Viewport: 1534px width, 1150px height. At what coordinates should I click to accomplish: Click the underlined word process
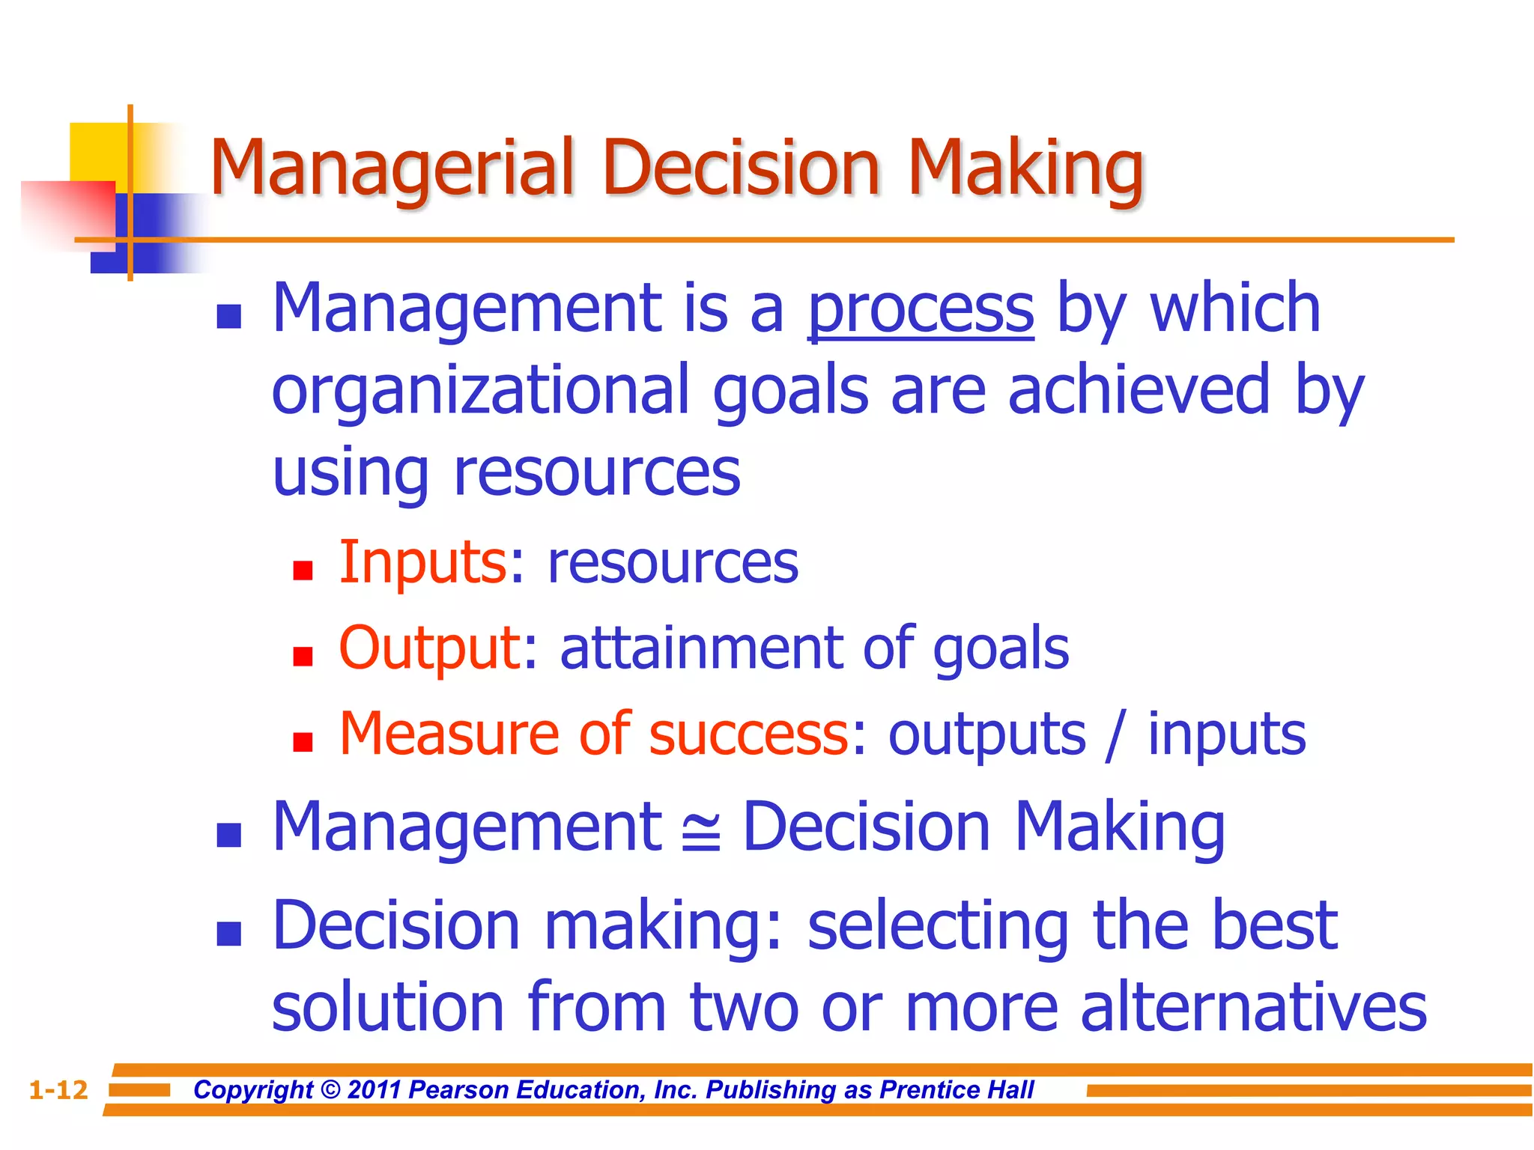tap(921, 309)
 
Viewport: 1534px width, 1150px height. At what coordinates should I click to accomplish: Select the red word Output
tap(430, 648)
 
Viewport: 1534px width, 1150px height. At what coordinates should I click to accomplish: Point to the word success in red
tap(748, 734)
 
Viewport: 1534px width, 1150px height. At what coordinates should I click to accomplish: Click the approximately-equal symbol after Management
tap(701, 833)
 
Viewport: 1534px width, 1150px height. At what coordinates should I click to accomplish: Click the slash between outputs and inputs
tap(1115, 734)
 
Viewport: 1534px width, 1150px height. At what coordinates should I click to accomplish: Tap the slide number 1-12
tap(58, 1090)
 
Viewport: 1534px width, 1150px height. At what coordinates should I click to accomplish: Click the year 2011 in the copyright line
tap(375, 1090)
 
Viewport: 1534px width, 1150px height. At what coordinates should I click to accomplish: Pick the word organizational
tap(480, 390)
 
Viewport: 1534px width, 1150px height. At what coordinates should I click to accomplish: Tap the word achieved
tap(1139, 390)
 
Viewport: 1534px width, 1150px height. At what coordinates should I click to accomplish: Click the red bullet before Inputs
tap(303, 571)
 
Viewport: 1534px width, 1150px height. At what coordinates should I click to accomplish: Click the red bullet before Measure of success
tap(303, 743)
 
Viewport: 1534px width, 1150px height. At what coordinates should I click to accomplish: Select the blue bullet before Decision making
tap(228, 934)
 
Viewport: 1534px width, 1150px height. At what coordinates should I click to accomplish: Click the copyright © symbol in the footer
tap(330, 1090)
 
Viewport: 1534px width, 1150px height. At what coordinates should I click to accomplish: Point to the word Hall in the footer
tap(1008, 1090)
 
